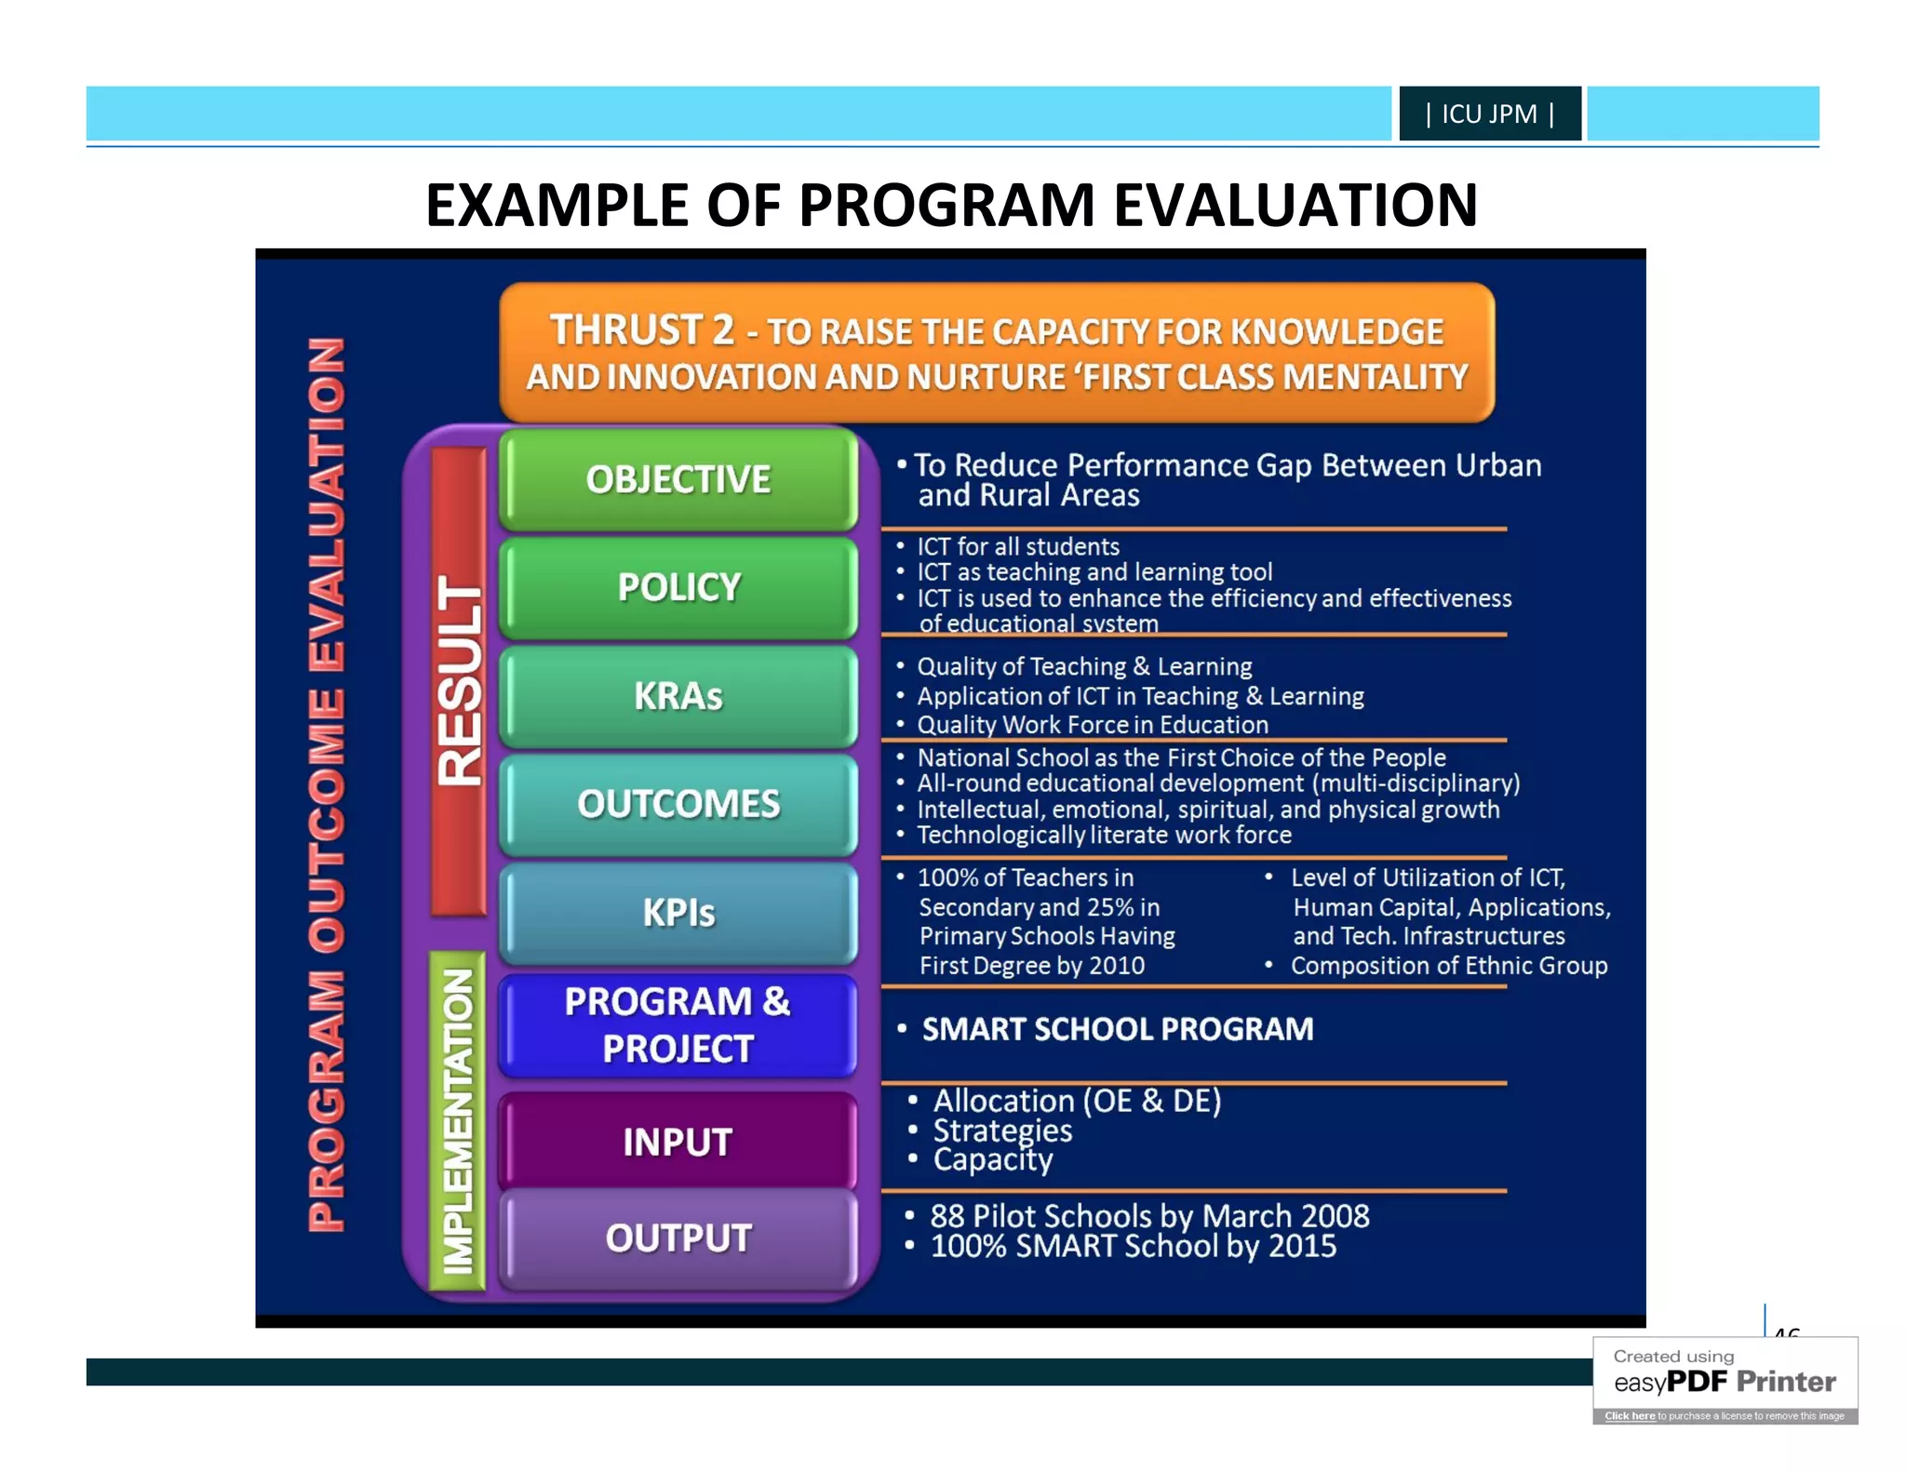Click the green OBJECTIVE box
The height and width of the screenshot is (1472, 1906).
[x=678, y=479]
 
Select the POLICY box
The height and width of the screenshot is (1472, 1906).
[x=678, y=587]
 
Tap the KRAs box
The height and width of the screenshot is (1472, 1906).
[x=678, y=696]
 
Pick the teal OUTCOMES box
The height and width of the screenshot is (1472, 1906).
[x=678, y=804]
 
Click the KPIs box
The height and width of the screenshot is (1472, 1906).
[x=678, y=913]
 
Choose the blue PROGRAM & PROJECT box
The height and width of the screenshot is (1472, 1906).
[x=678, y=1024]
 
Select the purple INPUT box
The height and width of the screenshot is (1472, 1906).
[x=678, y=1142]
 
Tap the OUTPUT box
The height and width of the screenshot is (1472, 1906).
[x=678, y=1238]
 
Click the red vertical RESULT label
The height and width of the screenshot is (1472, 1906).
[x=459, y=680]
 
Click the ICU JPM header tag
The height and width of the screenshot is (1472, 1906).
[x=1489, y=114]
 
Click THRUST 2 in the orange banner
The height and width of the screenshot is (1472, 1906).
[x=641, y=330]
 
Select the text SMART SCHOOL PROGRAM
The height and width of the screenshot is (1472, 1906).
[x=1117, y=1029]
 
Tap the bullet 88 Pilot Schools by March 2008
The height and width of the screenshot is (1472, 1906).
[x=1148, y=1216]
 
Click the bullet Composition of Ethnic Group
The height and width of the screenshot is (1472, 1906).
[x=1448, y=966]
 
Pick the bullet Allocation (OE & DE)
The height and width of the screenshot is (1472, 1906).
[x=1077, y=1101]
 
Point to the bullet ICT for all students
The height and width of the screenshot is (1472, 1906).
[x=1017, y=546]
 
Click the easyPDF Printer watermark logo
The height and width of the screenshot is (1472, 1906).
[x=1725, y=1381]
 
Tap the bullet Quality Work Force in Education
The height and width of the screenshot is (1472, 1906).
[x=1092, y=725]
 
